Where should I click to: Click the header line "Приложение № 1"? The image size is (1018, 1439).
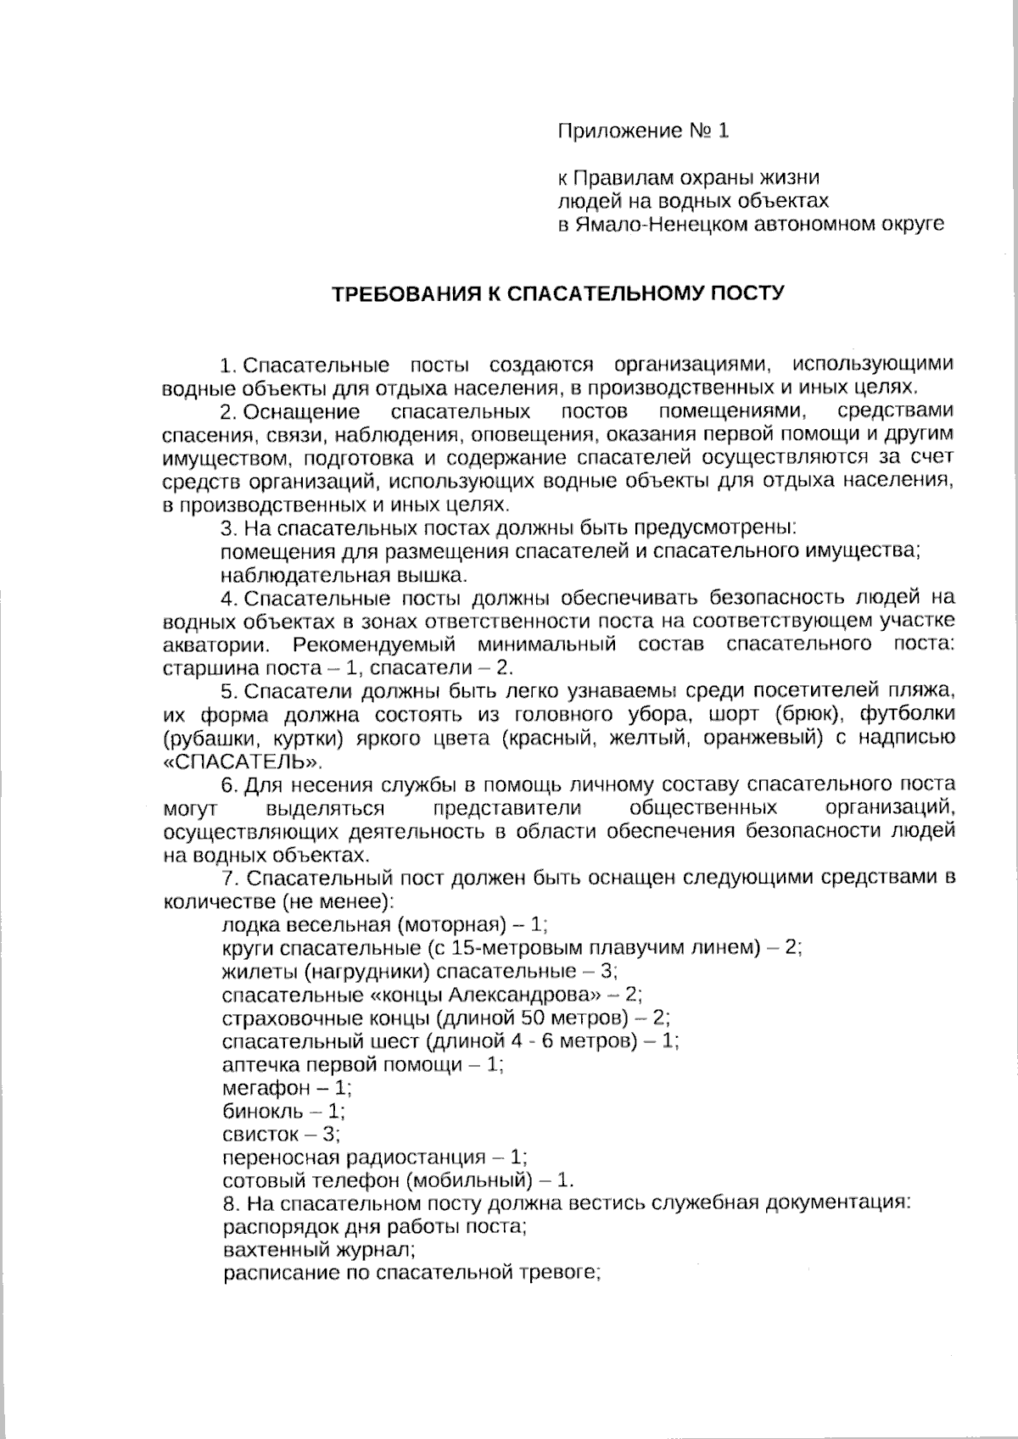[x=642, y=131]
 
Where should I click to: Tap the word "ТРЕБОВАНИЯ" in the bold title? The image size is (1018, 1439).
[x=402, y=294]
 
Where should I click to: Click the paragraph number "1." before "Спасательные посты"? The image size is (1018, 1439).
[x=227, y=365]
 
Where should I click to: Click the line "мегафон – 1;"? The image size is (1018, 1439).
[x=287, y=1088]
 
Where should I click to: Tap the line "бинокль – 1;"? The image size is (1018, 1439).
[x=283, y=1111]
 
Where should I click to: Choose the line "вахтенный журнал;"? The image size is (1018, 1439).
[x=319, y=1250]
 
